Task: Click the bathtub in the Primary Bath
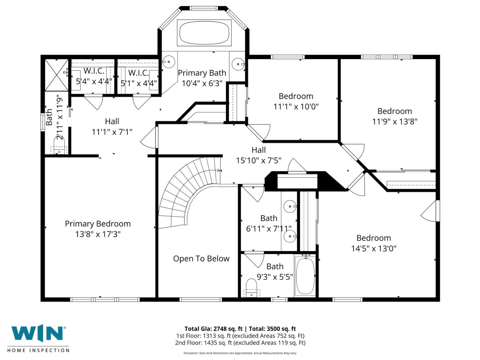204,33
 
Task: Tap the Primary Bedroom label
98,224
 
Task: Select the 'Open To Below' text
201,259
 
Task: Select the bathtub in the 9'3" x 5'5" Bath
305,275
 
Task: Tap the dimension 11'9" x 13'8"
395,121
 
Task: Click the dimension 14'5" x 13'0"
374,248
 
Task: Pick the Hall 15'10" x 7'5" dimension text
259,160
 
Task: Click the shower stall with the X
56,75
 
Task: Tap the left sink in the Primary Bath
169,62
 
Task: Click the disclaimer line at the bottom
240,353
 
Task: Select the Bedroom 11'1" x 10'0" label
296,101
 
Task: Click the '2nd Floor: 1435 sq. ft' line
240,343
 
